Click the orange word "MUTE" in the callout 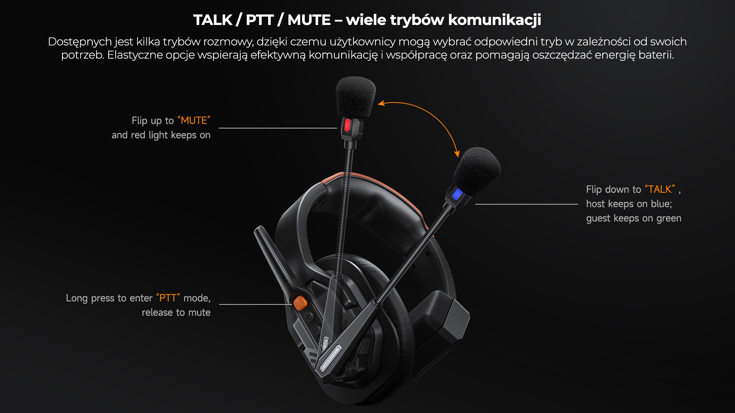194,120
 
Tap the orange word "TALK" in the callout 660,189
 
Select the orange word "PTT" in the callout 168,298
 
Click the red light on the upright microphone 347,125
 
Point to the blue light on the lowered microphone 457,194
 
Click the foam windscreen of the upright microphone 355,97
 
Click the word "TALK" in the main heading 213,20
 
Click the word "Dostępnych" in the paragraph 80,42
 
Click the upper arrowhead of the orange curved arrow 381,103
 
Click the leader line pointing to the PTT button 256,304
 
